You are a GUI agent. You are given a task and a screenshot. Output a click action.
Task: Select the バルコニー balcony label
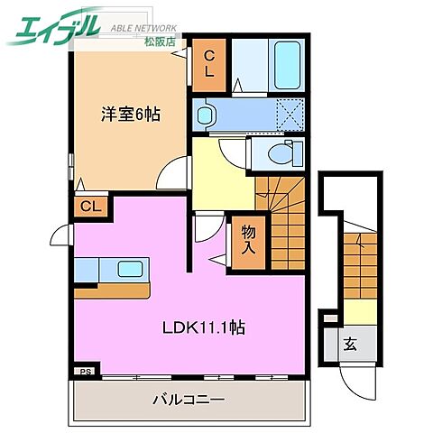(188, 398)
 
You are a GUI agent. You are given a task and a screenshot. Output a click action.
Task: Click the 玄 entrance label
(348, 344)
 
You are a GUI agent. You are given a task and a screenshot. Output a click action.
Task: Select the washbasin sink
(206, 115)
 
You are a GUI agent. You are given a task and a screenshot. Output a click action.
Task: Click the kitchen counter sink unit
(113, 270)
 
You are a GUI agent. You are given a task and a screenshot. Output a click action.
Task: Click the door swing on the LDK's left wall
(62, 236)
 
